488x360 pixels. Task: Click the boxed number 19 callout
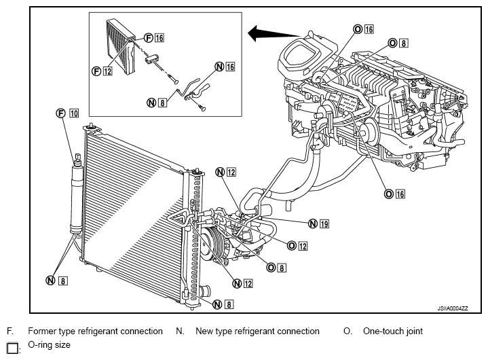tap(324, 223)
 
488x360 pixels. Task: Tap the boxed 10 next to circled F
tap(74, 113)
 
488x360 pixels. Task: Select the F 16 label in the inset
tap(154, 37)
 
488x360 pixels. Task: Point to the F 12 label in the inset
tap(102, 71)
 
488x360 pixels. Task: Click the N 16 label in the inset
tap(225, 67)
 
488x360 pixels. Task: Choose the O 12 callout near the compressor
tap(297, 246)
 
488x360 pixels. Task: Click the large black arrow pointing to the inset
tap(274, 33)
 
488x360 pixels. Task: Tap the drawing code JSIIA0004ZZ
tap(453, 308)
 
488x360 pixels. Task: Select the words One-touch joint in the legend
tap(393, 331)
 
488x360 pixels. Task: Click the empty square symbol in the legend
tap(12, 348)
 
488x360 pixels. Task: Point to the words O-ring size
tap(49, 345)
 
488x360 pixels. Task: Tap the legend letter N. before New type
tap(180, 331)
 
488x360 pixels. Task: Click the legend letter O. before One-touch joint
tap(348, 331)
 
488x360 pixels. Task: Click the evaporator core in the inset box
tap(120, 47)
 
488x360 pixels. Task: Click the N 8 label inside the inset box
tap(157, 103)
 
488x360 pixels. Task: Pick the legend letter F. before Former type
tap(10, 331)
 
